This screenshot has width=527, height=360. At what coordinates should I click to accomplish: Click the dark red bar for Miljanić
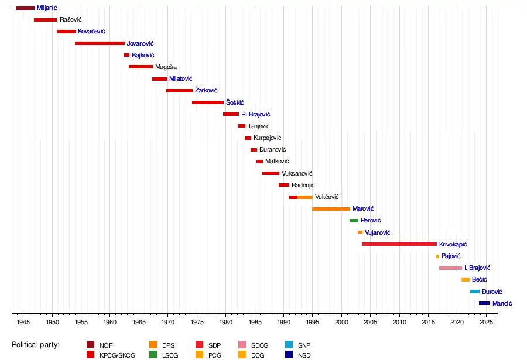tap(25, 8)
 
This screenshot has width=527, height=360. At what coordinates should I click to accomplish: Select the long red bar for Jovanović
tap(100, 43)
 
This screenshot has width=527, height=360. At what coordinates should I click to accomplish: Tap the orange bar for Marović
tap(331, 209)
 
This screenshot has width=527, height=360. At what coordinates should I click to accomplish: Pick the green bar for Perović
tap(354, 221)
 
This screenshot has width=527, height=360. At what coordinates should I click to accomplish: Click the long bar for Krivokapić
tap(399, 244)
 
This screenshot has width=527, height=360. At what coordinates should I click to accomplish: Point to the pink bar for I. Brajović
tap(450, 268)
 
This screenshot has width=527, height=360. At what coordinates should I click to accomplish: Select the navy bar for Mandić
tap(484, 303)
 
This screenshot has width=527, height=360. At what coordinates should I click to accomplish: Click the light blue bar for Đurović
tap(474, 292)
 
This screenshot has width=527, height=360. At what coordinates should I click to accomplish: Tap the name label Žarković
tap(206, 91)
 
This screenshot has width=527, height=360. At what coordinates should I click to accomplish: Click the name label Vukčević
tap(327, 197)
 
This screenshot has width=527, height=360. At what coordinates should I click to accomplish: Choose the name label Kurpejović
tap(268, 138)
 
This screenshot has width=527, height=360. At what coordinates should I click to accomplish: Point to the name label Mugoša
tap(166, 67)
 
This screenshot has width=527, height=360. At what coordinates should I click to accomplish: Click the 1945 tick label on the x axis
tap(23, 323)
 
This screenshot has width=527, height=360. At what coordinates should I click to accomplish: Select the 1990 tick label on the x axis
tap(283, 323)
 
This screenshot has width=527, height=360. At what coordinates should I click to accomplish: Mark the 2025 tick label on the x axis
tap(486, 323)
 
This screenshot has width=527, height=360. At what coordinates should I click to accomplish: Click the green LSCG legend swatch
tap(153, 354)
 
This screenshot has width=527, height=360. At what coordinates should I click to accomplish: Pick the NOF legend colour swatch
tap(91, 345)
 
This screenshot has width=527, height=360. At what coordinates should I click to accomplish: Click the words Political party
tap(35, 345)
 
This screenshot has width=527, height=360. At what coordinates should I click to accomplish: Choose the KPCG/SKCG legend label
tap(117, 355)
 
